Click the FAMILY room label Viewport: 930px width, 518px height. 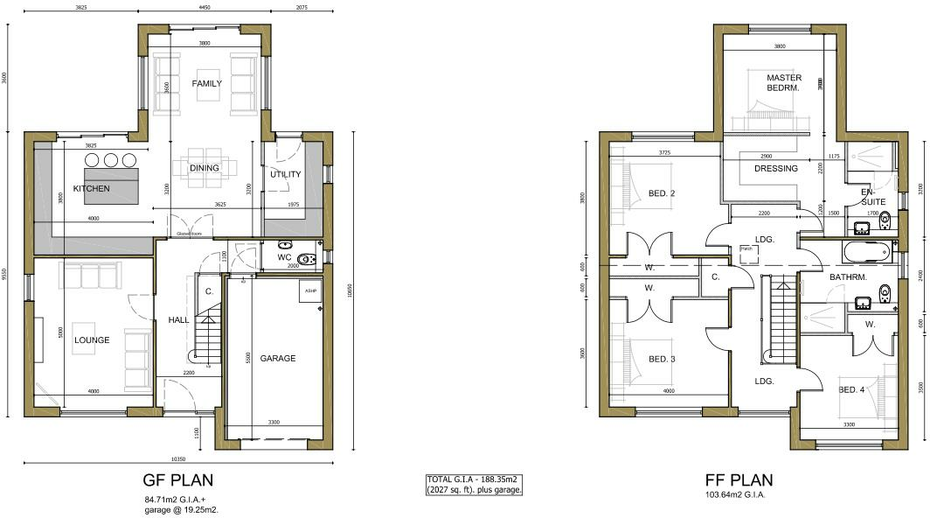point(207,84)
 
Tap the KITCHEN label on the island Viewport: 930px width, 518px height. point(91,189)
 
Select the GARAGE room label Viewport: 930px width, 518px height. point(277,358)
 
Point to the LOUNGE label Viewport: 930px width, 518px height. point(92,339)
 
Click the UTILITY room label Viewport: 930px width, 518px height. point(285,174)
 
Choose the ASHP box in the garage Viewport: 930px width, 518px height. point(310,291)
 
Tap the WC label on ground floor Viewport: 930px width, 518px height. point(284,258)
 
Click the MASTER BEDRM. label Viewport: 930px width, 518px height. point(784,83)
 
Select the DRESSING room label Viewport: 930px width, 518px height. point(776,169)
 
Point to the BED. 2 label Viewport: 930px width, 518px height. point(662,193)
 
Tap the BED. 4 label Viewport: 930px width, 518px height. point(851,389)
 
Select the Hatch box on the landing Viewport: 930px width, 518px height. point(746,249)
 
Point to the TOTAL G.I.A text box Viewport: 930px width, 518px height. point(474,485)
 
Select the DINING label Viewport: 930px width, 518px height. point(204,168)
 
